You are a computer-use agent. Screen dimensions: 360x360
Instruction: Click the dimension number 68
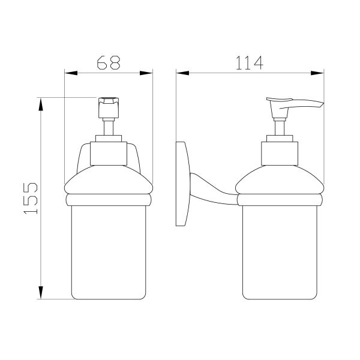point(109,62)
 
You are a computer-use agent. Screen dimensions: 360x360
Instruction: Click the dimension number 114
point(250,63)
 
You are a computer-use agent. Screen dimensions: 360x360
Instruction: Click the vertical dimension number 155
point(31,199)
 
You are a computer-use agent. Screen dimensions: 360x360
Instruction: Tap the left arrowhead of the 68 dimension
point(71,73)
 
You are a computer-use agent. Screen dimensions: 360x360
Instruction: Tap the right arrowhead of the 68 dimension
point(146,73)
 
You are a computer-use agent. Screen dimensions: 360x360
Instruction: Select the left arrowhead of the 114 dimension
point(183,73)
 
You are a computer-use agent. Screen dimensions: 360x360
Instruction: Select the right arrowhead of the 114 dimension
point(317,73)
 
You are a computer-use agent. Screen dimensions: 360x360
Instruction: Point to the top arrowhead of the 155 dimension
point(41,104)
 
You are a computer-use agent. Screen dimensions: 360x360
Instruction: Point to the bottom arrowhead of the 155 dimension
point(41,293)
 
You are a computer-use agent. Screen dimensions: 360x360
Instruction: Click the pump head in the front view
point(109,107)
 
